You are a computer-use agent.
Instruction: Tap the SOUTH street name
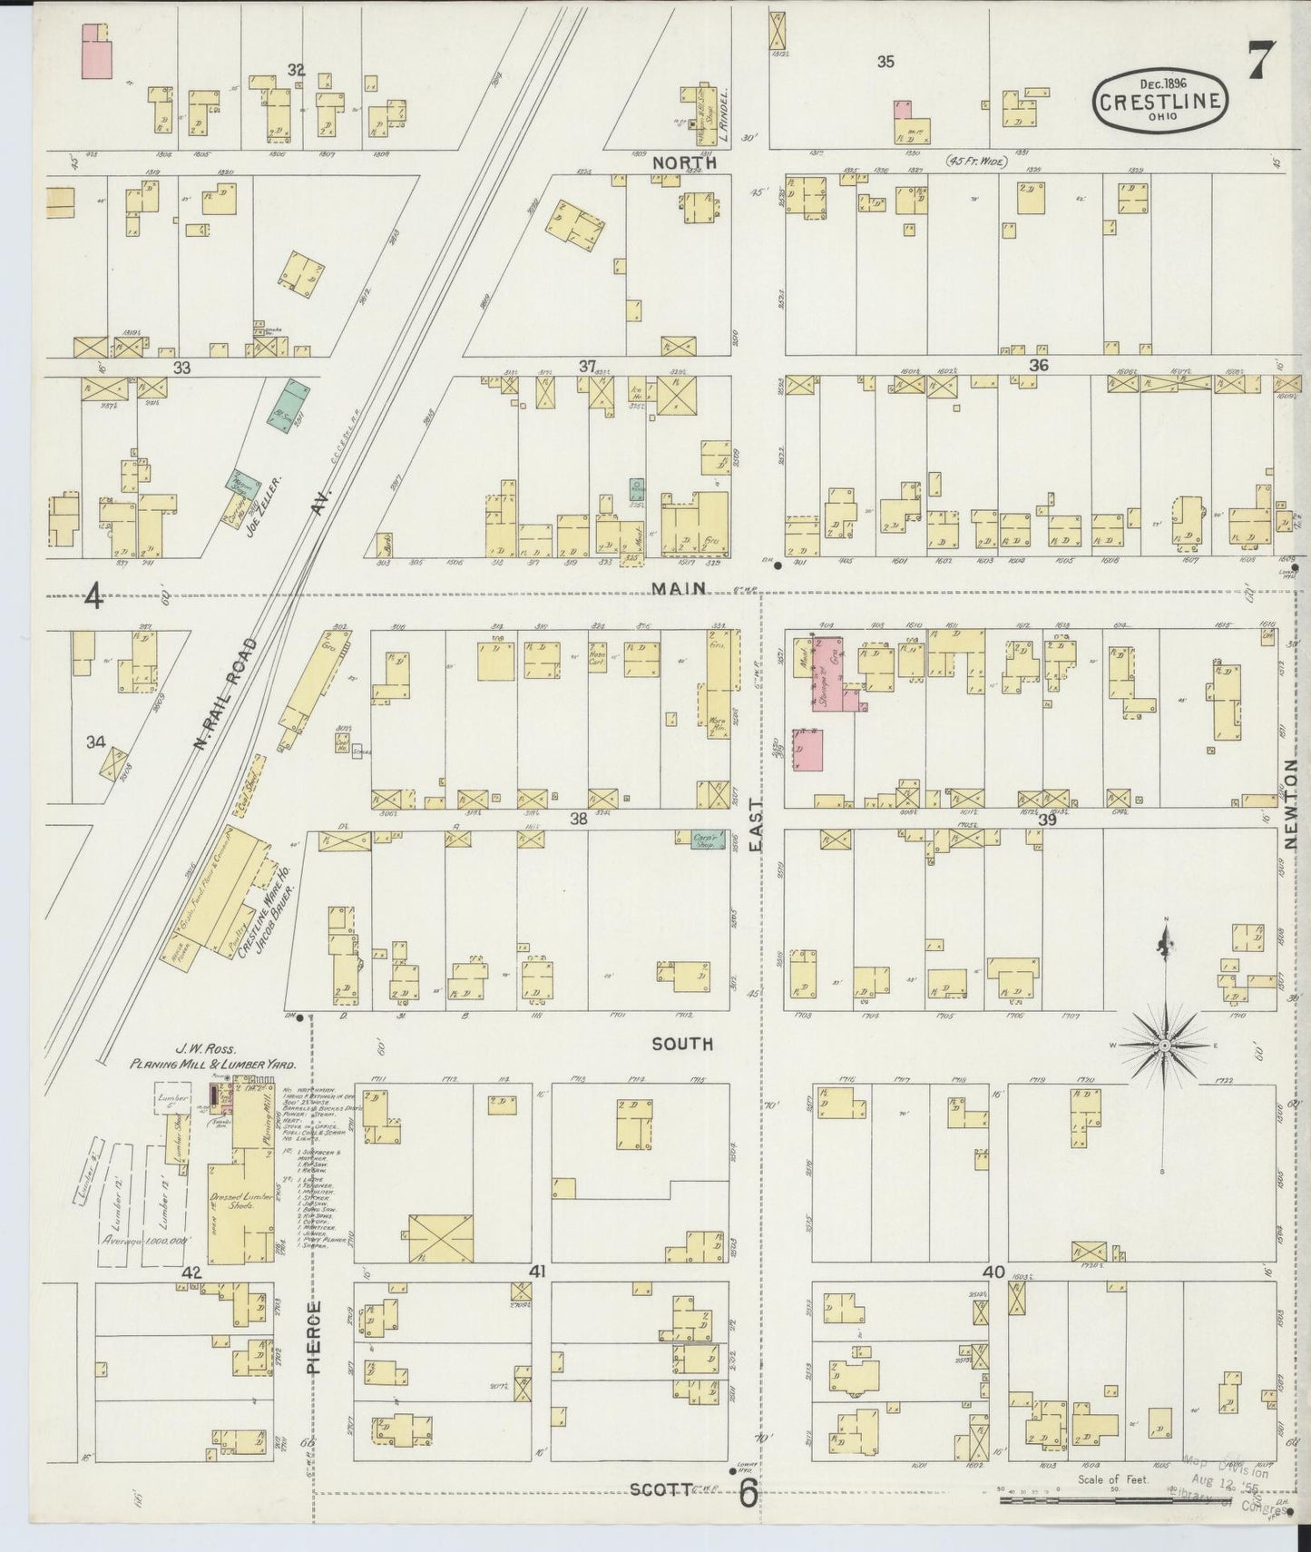682,1045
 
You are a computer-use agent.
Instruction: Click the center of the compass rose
1164,1046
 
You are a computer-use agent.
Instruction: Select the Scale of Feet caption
1113,1479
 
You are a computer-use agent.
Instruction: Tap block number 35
885,62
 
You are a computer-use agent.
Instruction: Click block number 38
578,819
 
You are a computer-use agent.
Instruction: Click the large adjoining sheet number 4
93,597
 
